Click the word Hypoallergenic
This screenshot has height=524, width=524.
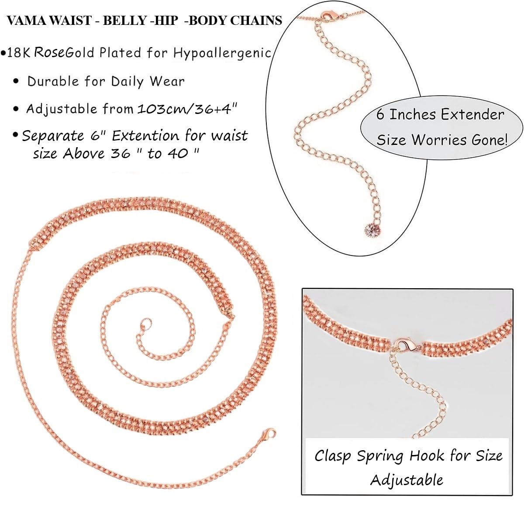point(222,53)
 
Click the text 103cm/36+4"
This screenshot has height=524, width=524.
point(188,109)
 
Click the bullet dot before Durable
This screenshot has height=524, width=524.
point(16,82)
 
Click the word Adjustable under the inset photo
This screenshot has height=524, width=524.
point(407,479)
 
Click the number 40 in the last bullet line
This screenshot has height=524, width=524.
point(178,153)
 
